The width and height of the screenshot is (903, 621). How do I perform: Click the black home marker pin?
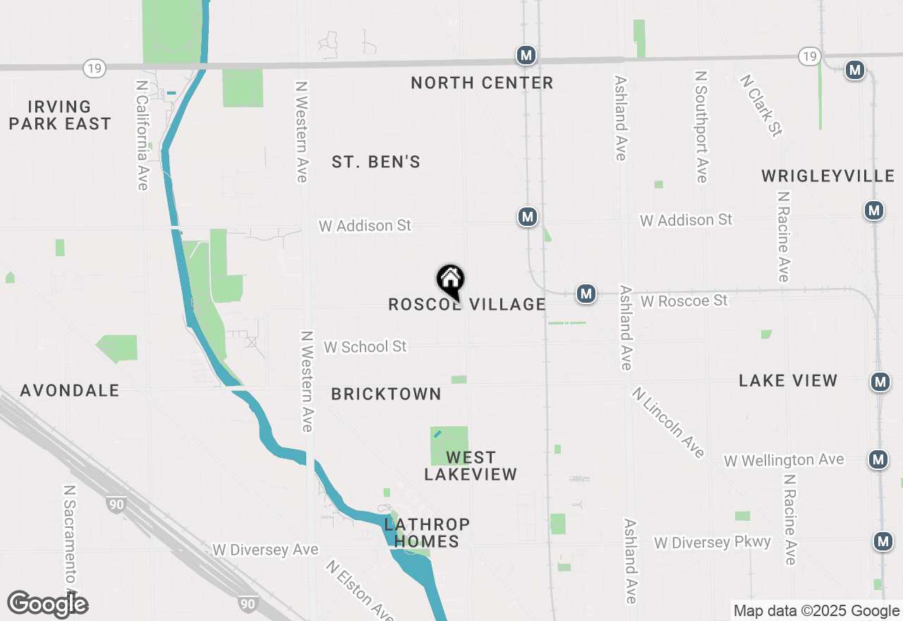451,281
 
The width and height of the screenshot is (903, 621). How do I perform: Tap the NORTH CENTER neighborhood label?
482,83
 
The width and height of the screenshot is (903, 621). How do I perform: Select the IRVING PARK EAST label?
60,116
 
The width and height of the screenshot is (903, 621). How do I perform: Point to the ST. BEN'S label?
376,162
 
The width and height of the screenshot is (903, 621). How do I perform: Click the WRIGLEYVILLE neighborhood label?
828,176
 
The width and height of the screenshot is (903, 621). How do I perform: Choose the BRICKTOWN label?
386,394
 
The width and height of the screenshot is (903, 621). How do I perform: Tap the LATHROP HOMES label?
427,533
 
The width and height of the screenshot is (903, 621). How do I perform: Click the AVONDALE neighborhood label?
70,391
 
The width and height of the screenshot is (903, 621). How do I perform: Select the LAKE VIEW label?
788,381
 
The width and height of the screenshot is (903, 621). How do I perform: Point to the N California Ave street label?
143,134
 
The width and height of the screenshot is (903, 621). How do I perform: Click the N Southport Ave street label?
701,126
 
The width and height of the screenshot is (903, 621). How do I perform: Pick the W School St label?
365,347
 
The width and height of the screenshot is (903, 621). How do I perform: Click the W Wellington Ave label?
784,461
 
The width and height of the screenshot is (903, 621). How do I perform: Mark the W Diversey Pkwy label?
712,543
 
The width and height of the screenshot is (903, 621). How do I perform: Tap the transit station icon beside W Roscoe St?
586,294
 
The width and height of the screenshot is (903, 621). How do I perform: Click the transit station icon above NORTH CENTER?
525,55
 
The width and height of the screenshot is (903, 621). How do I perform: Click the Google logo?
47,605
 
